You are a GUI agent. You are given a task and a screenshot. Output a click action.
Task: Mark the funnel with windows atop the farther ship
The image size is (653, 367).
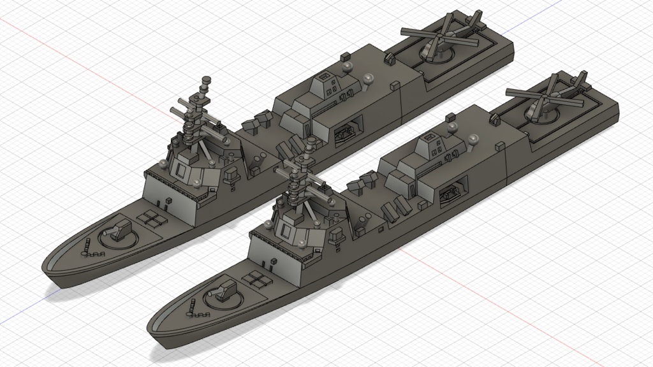point(328,82)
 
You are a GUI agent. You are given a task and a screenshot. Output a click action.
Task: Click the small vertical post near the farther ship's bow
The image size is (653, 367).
point(87,244)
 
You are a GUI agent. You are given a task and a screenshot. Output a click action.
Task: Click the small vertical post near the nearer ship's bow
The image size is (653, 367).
point(191,305)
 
